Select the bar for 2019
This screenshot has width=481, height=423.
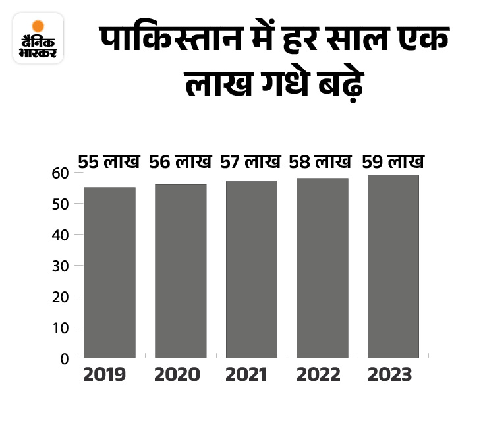[109, 272]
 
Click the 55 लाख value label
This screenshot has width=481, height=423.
[109, 161]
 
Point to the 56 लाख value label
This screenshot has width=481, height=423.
[181, 161]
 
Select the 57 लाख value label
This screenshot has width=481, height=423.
[252, 161]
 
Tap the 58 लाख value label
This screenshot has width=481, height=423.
[322, 161]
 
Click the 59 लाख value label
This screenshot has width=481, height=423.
[393, 161]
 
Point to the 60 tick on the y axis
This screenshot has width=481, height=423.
[61, 173]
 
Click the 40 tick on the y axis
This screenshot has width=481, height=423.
[61, 235]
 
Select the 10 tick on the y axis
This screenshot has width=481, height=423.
[61, 327]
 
